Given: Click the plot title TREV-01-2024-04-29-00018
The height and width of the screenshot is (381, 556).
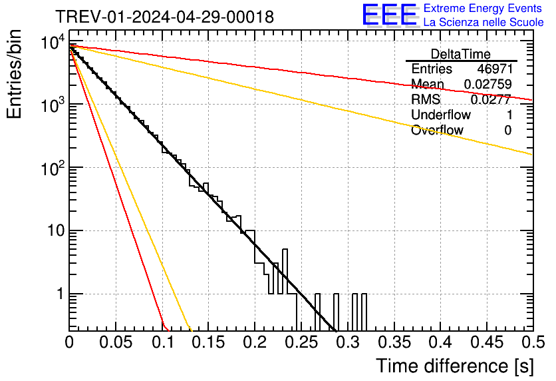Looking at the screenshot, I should click(x=164, y=17).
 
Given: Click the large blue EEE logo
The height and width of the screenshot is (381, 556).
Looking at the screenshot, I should click(x=389, y=15).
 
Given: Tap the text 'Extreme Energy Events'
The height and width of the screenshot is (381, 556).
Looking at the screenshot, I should click(x=484, y=9).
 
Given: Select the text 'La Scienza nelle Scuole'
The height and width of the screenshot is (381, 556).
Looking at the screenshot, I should click(x=484, y=22).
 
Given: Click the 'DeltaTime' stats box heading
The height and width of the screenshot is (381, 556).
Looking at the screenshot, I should click(x=461, y=54).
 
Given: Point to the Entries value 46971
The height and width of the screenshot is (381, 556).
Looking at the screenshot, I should click(x=494, y=69).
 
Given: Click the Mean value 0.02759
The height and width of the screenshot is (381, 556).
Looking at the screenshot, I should click(x=489, y=85).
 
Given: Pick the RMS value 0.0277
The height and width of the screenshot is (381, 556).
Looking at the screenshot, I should click(x=491, y=100).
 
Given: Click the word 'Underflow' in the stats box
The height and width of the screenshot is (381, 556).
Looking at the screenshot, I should click(x=441, y=115).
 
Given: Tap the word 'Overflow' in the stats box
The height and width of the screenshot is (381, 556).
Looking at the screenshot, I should click(x=437, y=131).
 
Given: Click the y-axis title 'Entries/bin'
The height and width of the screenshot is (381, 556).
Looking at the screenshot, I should click(x=16, y=74).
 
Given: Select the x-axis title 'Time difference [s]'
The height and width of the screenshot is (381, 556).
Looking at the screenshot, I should click(x=454, y=366).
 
